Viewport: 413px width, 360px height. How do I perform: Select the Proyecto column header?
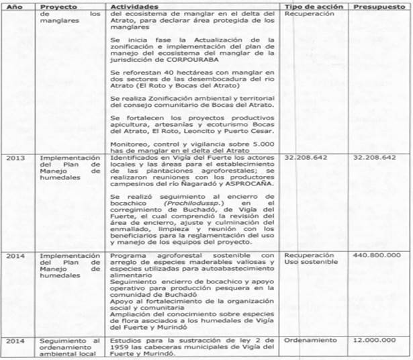[x=58, y=5]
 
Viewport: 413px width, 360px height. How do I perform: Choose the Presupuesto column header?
[x=379, y=5]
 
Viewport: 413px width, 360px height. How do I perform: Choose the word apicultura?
[x=133, y=124]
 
